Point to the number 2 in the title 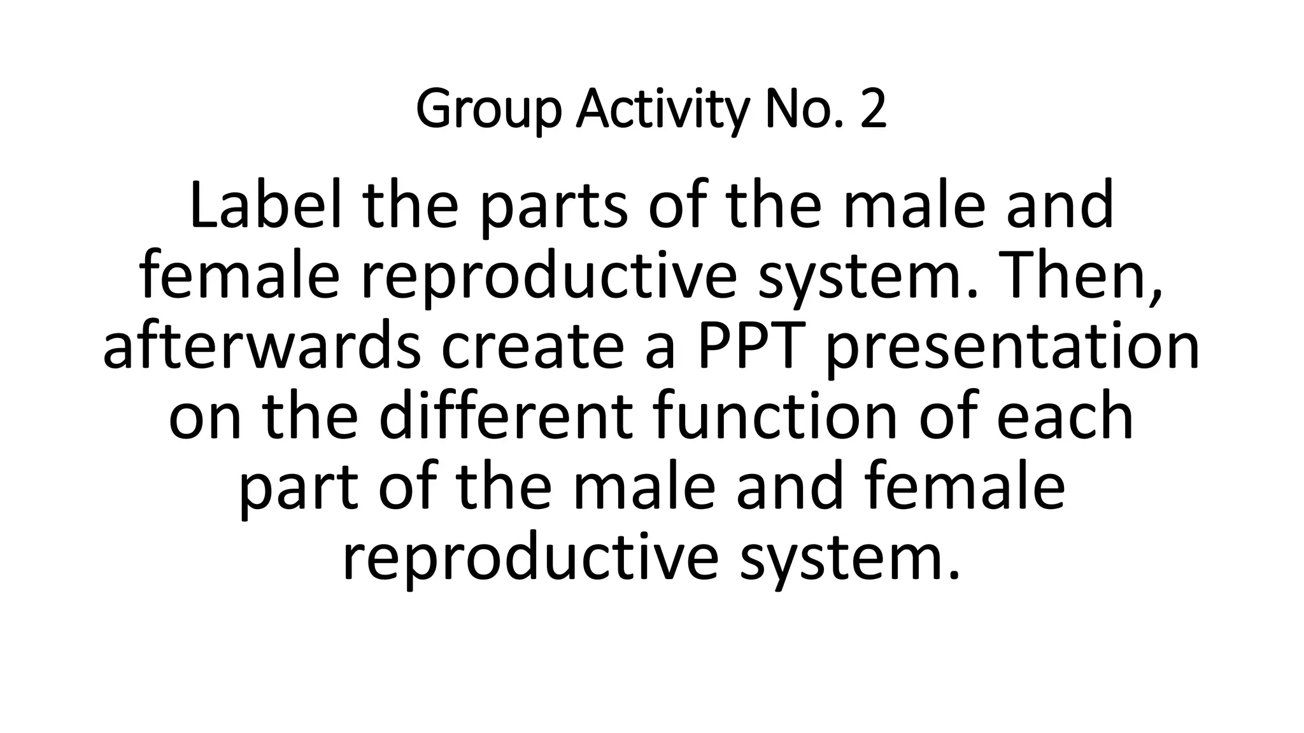[x=873, y=109]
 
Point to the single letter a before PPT [x=660, y=351]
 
